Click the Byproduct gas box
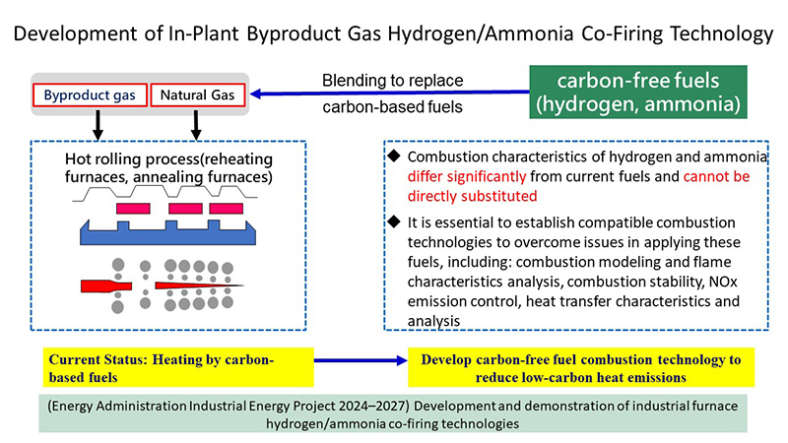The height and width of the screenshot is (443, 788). [x=90, y=95]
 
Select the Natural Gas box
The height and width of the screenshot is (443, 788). [x=198, y=95]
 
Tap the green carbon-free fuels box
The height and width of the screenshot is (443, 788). [x=637, y=92]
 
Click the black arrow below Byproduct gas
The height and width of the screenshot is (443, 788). [x=98, y=125]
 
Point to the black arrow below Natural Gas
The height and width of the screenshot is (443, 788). [x=196, y=125]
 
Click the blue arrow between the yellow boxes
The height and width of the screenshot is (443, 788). [x=361, y=360]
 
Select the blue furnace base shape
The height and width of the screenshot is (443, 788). [x=167, y=232]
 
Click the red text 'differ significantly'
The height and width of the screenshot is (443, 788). [x=467, y=176]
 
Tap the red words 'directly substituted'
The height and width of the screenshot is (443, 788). [x=473, y=196]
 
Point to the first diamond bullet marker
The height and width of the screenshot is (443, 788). [x=394, y=156]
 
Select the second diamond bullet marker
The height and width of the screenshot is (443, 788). [x=394, y=221]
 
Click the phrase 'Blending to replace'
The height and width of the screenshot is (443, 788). [x=392, y=81]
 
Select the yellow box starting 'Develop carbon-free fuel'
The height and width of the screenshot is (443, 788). [x=581, y=367]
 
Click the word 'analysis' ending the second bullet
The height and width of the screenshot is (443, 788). [x=433, y=321]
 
